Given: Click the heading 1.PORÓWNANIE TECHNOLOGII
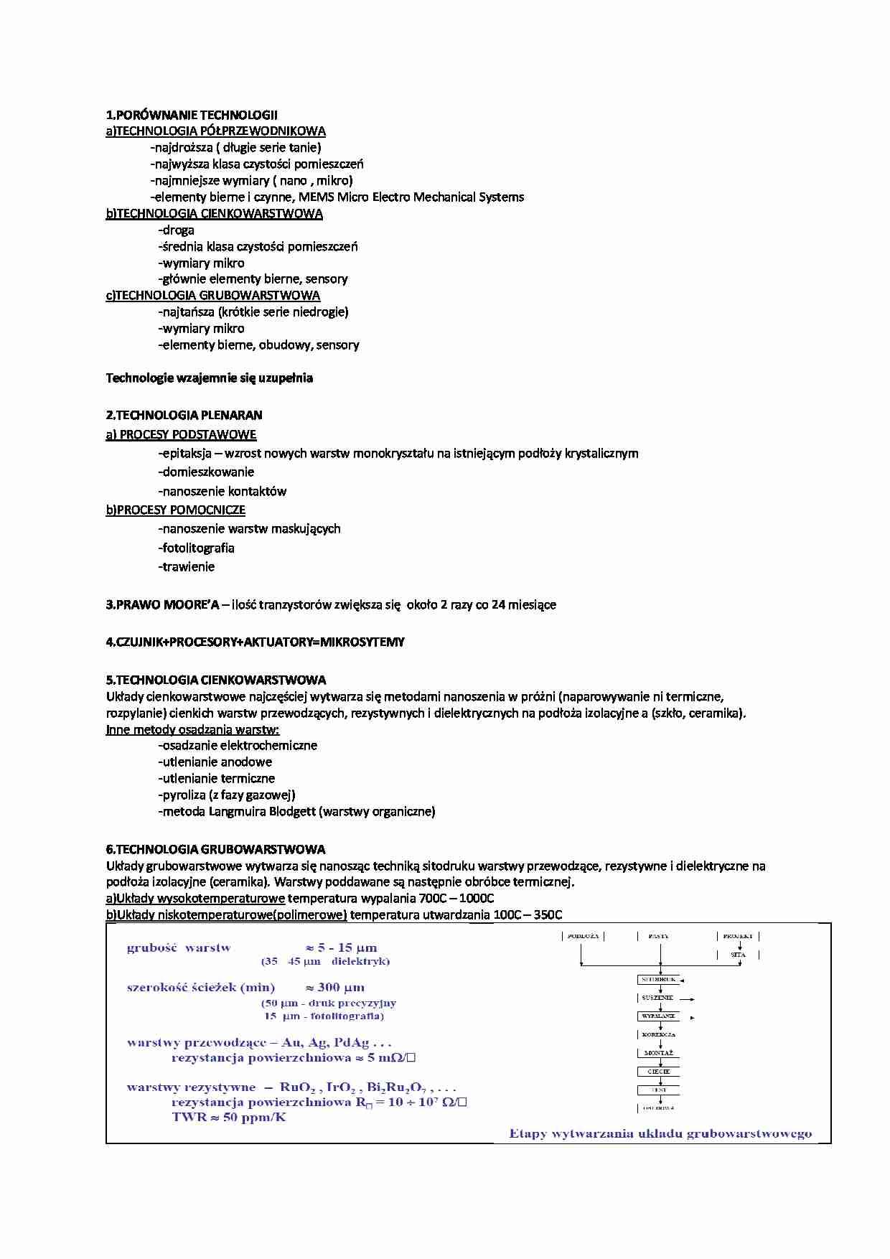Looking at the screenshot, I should click(192, 115).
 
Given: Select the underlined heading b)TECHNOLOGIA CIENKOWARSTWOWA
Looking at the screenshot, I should click(214, 214).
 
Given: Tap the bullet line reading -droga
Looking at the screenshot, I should click(177, 230).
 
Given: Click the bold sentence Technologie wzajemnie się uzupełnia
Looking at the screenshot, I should click(209, 378).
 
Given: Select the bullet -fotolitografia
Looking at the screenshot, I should click(196, 548).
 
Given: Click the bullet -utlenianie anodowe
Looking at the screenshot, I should click(215, 762).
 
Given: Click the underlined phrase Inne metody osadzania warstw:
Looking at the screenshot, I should click(192, 729).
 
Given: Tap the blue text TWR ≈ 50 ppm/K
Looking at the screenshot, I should click(229, 1117).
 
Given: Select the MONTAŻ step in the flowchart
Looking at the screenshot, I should click(658, 1053).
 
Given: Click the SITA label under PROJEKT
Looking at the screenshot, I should click(738, 955).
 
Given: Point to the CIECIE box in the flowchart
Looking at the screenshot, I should click(658, 1072).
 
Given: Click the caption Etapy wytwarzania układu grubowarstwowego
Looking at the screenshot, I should click(660, 1134).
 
